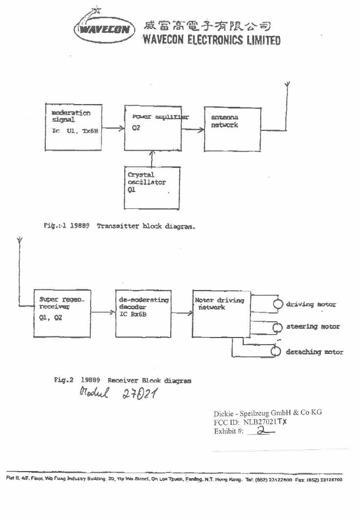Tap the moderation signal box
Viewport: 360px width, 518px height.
coord(73,128)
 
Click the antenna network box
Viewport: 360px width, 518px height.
coord(232,129)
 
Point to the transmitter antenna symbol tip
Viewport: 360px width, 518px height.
coord(287,85)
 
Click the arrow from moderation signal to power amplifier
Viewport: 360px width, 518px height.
coord(113,129)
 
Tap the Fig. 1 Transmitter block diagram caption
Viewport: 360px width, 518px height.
coord(120,225)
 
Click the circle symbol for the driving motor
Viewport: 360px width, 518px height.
coord(278,304)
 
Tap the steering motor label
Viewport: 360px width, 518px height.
coord(313,327)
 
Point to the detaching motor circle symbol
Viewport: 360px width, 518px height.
coord(278,352)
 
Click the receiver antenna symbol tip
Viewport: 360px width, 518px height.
coord(20,240)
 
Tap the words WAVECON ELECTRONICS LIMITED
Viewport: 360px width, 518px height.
coord(211,40)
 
